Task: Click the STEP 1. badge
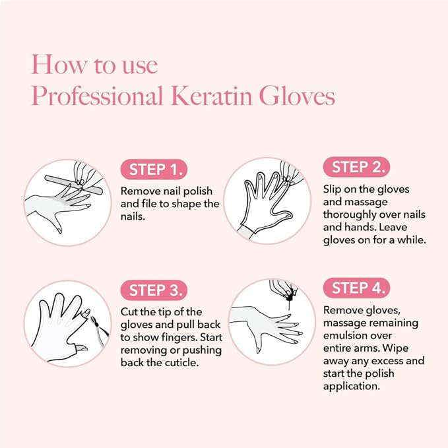pos(154,169)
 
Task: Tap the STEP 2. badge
pos(356,166)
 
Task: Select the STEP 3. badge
pos(154,290)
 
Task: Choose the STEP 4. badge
pos(356,288)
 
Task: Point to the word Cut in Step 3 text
pos(130,311)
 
